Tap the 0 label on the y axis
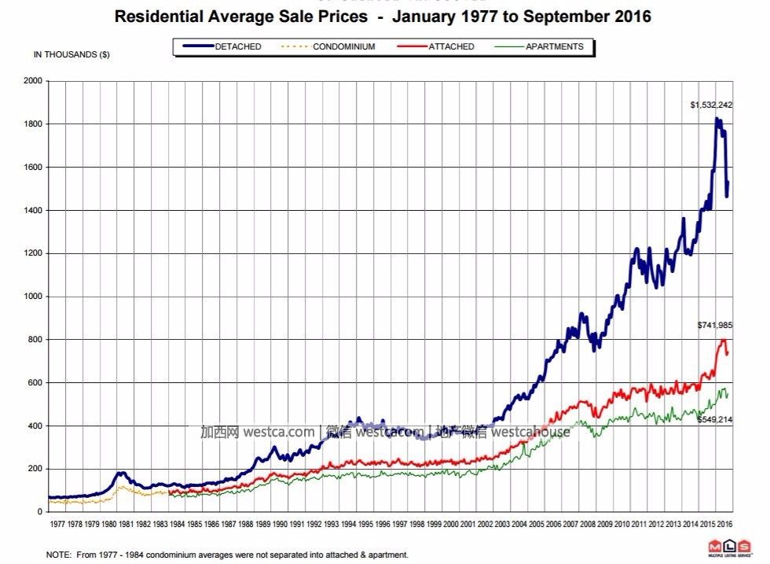[x=41, y=512]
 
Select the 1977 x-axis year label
[x=57, y=523]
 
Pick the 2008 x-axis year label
[x=587, y=523]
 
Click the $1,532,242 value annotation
[x=711, y=105]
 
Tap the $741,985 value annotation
[x=715, y=325]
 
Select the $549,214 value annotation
[x=715, y=420]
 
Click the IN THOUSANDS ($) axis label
[x=71, y=54]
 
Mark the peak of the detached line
[x=717, y=119]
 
